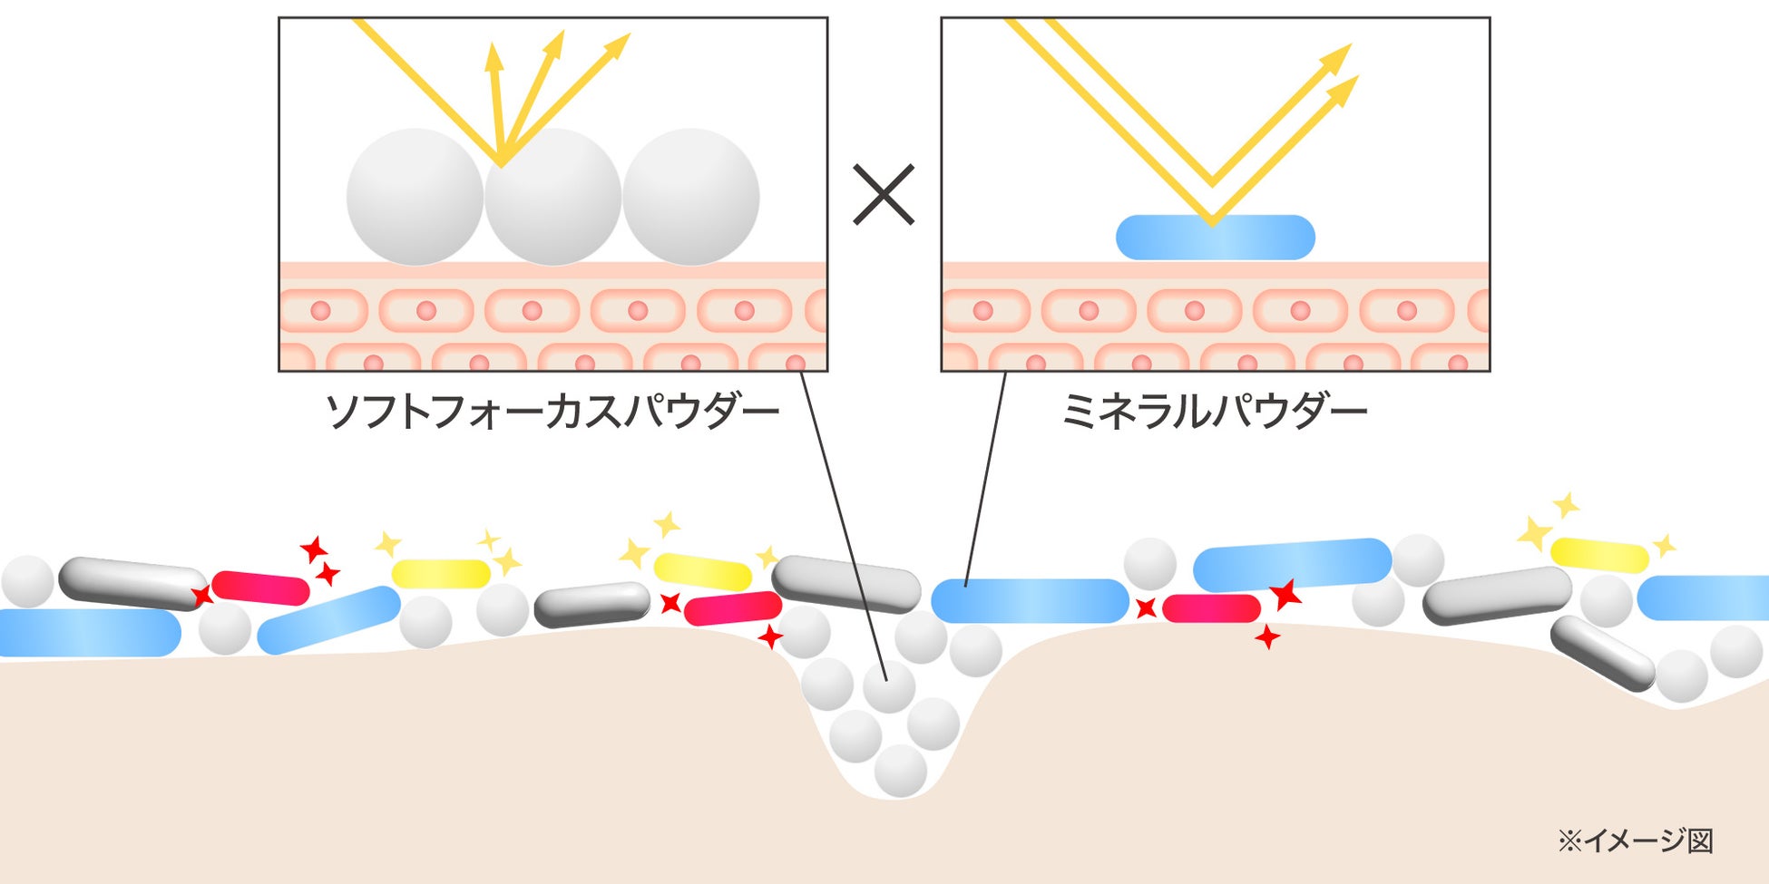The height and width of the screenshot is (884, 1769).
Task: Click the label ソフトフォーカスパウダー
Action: coord(552,412)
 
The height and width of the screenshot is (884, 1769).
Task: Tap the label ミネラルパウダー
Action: coord(1214,412)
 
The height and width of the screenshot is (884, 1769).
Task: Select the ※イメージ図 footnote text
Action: coord(1635,840)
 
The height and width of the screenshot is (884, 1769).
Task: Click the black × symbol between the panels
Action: coord(884,194)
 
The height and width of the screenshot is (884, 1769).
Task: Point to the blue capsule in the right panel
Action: coord(1215,238)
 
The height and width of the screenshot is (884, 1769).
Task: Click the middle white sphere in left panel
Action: coord(552,197)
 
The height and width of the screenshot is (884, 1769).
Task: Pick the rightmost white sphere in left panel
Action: coord(690,197)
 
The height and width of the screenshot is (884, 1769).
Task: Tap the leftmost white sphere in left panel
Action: coord(415,197)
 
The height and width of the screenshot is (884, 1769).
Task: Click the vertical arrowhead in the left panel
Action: coord(494,56)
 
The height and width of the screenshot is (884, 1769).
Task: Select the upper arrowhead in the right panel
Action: coord(1337,58)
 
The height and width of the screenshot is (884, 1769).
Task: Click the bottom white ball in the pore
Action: coord(900,771)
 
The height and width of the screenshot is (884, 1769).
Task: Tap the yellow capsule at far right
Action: coord(1599,555)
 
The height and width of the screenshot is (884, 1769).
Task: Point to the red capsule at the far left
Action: coord(260,588)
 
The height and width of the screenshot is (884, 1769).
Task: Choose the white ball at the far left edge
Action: coord(27,581)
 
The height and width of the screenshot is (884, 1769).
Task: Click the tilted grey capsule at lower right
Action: coord(1603,653)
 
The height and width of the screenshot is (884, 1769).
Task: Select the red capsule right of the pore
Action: coord(1211,607)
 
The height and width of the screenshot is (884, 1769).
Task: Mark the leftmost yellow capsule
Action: coord(441,573)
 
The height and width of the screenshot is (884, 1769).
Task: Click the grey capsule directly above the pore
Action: coord(845,583)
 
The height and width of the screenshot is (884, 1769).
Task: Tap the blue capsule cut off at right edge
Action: coord(1704,597)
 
